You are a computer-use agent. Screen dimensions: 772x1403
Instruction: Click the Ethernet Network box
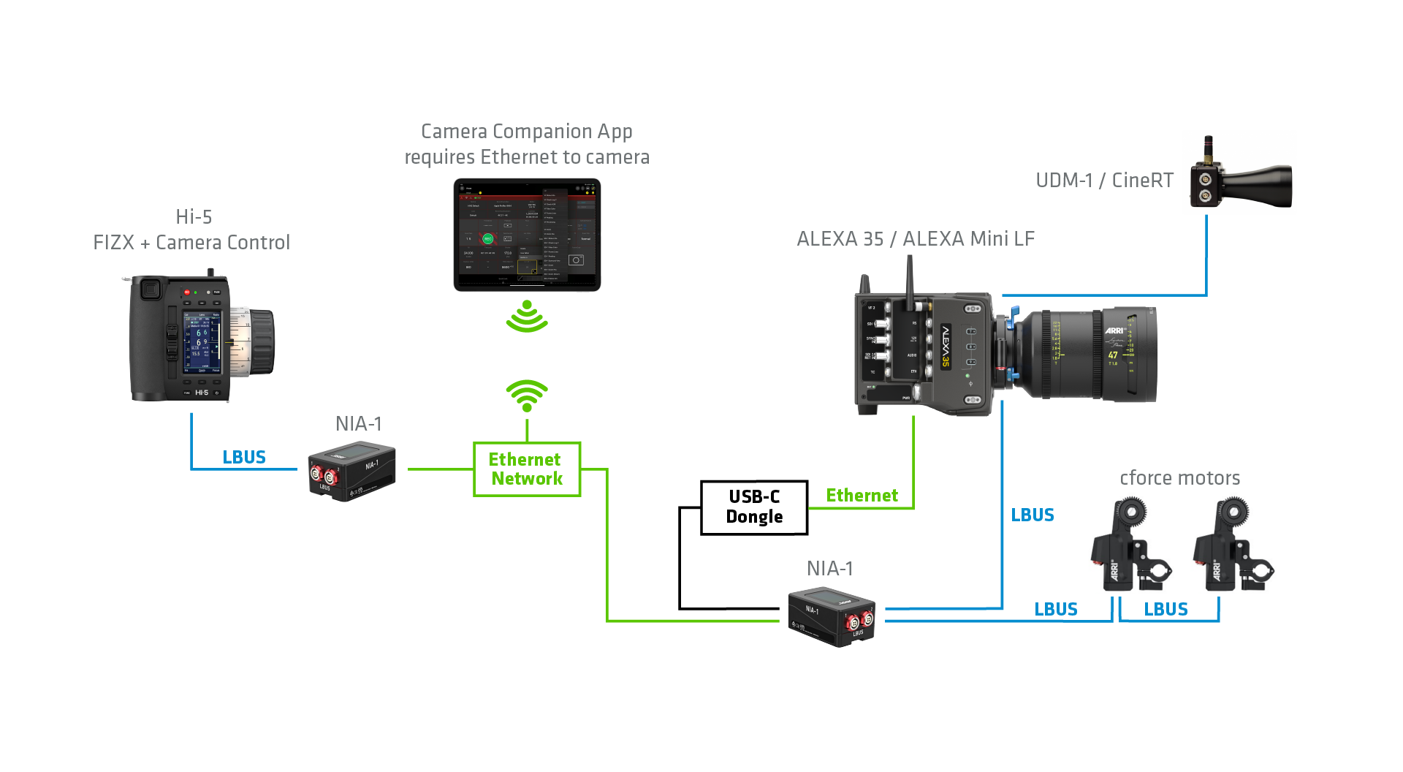point(527,469)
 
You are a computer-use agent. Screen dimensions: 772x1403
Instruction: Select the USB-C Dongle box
point(754,507)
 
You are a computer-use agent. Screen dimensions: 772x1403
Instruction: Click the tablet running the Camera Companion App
point(527,235)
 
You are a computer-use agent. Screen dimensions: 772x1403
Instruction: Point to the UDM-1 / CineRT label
point(1104,181)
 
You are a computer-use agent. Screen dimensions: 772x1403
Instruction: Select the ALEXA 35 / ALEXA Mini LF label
point(916,239)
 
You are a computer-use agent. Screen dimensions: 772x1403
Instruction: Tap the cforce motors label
point(1179,478)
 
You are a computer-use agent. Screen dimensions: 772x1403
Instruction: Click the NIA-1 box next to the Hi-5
point(351,472)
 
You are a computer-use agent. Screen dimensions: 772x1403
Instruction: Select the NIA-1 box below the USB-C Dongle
point(832,616)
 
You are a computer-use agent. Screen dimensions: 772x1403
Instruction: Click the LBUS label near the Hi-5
point(244,458)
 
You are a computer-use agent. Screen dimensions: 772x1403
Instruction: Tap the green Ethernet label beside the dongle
point(862,496)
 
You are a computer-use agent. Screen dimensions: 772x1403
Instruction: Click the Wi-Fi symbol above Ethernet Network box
point(527,396)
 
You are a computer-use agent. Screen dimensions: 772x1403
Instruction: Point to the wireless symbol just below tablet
point(527,317)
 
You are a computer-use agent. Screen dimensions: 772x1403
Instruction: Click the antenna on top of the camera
point(910,281)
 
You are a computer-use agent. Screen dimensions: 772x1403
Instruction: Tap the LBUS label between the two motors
point(1166,610)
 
